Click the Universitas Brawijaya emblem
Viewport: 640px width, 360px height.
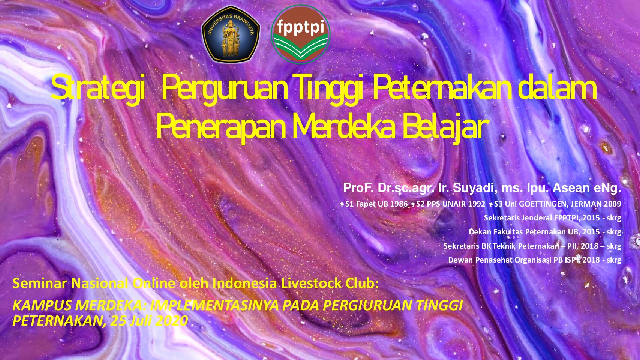pos(231,34)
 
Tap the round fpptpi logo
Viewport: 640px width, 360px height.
pos(301,34)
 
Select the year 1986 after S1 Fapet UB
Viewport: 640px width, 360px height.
pos(399,204)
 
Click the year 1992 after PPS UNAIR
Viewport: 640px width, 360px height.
pos(476,204)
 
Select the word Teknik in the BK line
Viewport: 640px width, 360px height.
pos(504,246)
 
